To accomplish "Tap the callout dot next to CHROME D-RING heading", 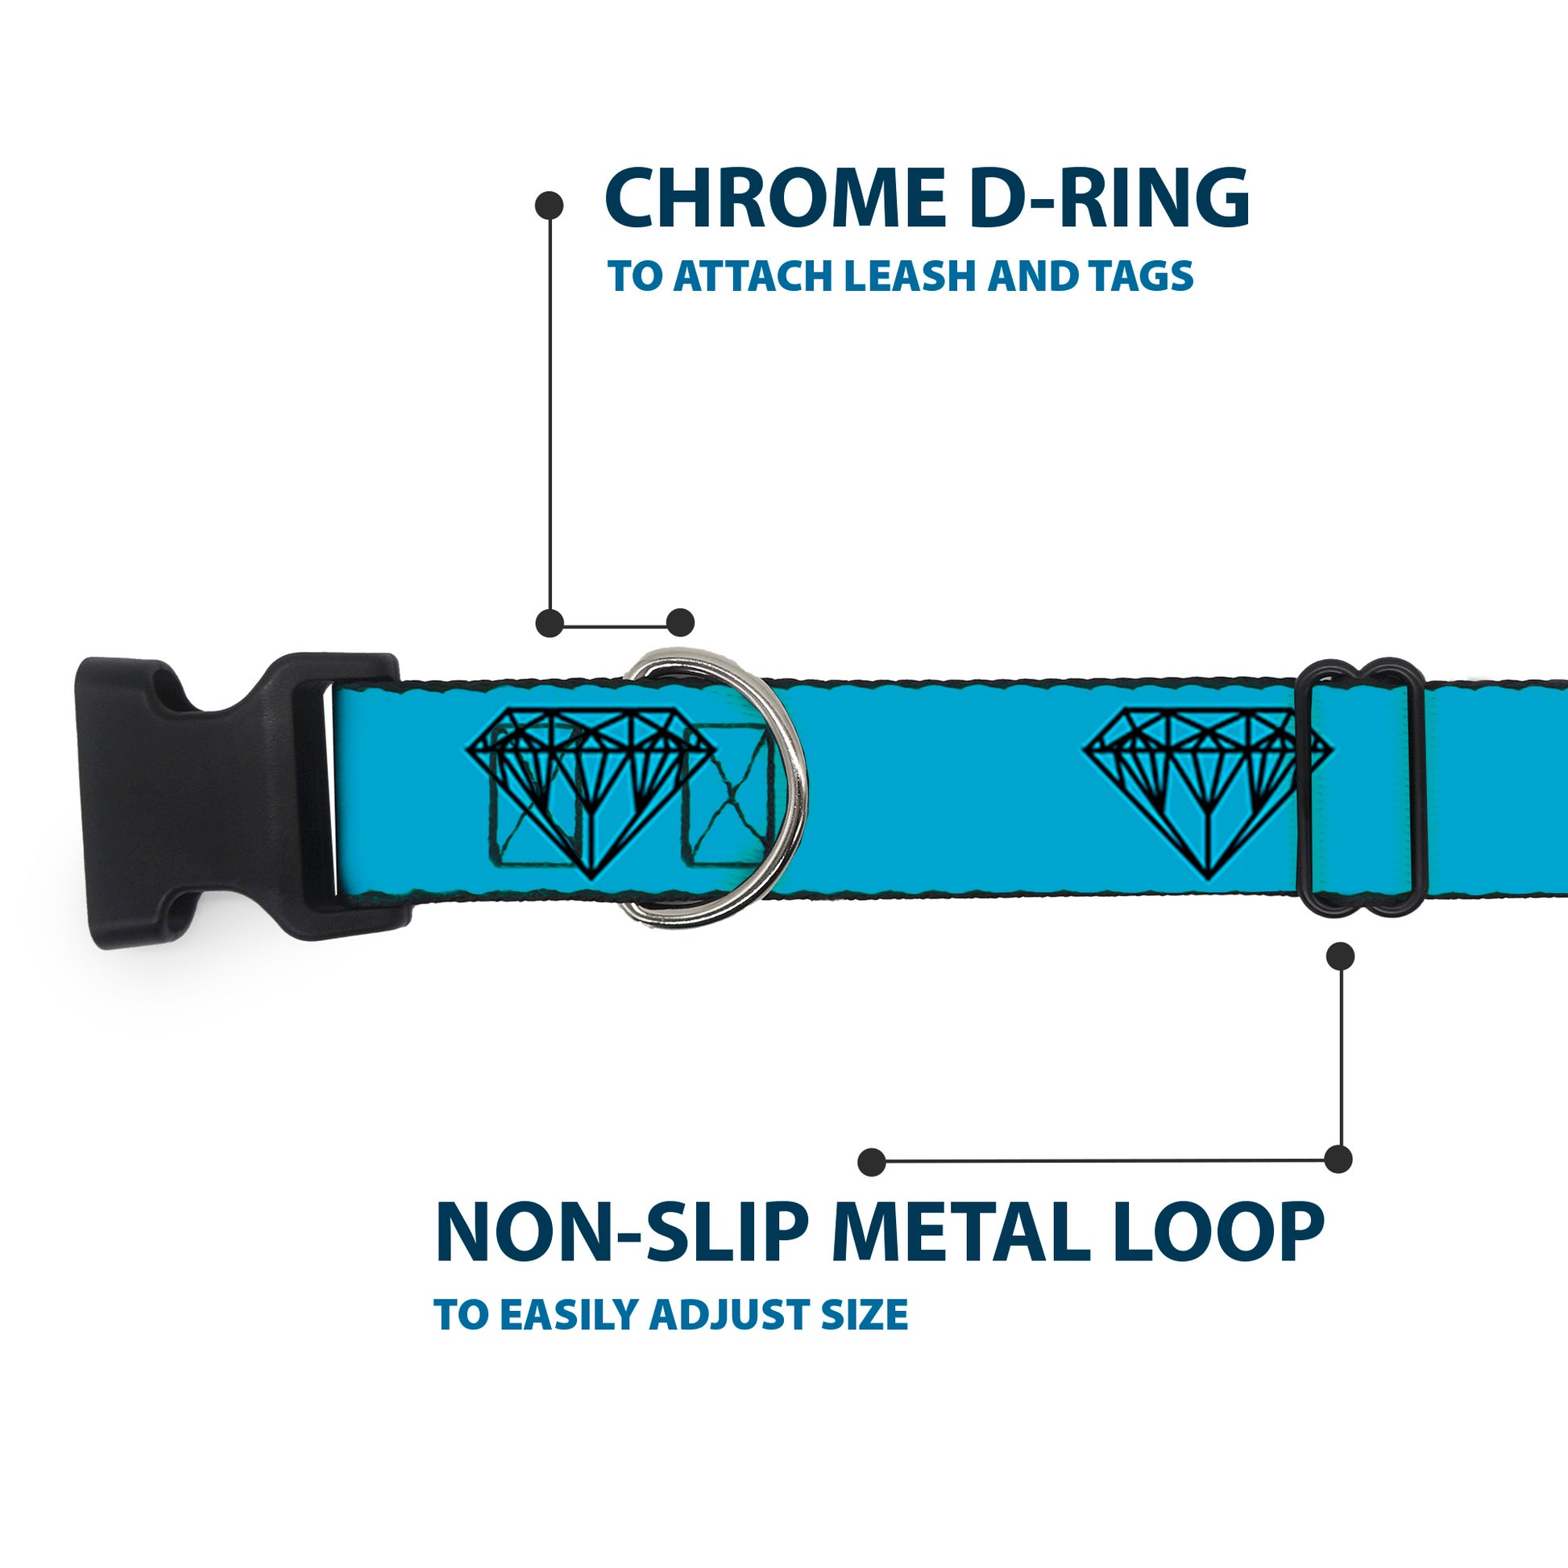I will (550, 205).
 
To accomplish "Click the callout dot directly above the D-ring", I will (680, 623).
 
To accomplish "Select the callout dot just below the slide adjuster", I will (1340, 956).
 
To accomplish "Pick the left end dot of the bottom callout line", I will (872, 1162).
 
